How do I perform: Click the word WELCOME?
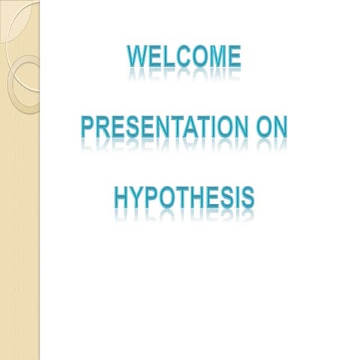tap(184, 57)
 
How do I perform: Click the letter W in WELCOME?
tap(136, 57)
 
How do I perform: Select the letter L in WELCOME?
tap(166, 57)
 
